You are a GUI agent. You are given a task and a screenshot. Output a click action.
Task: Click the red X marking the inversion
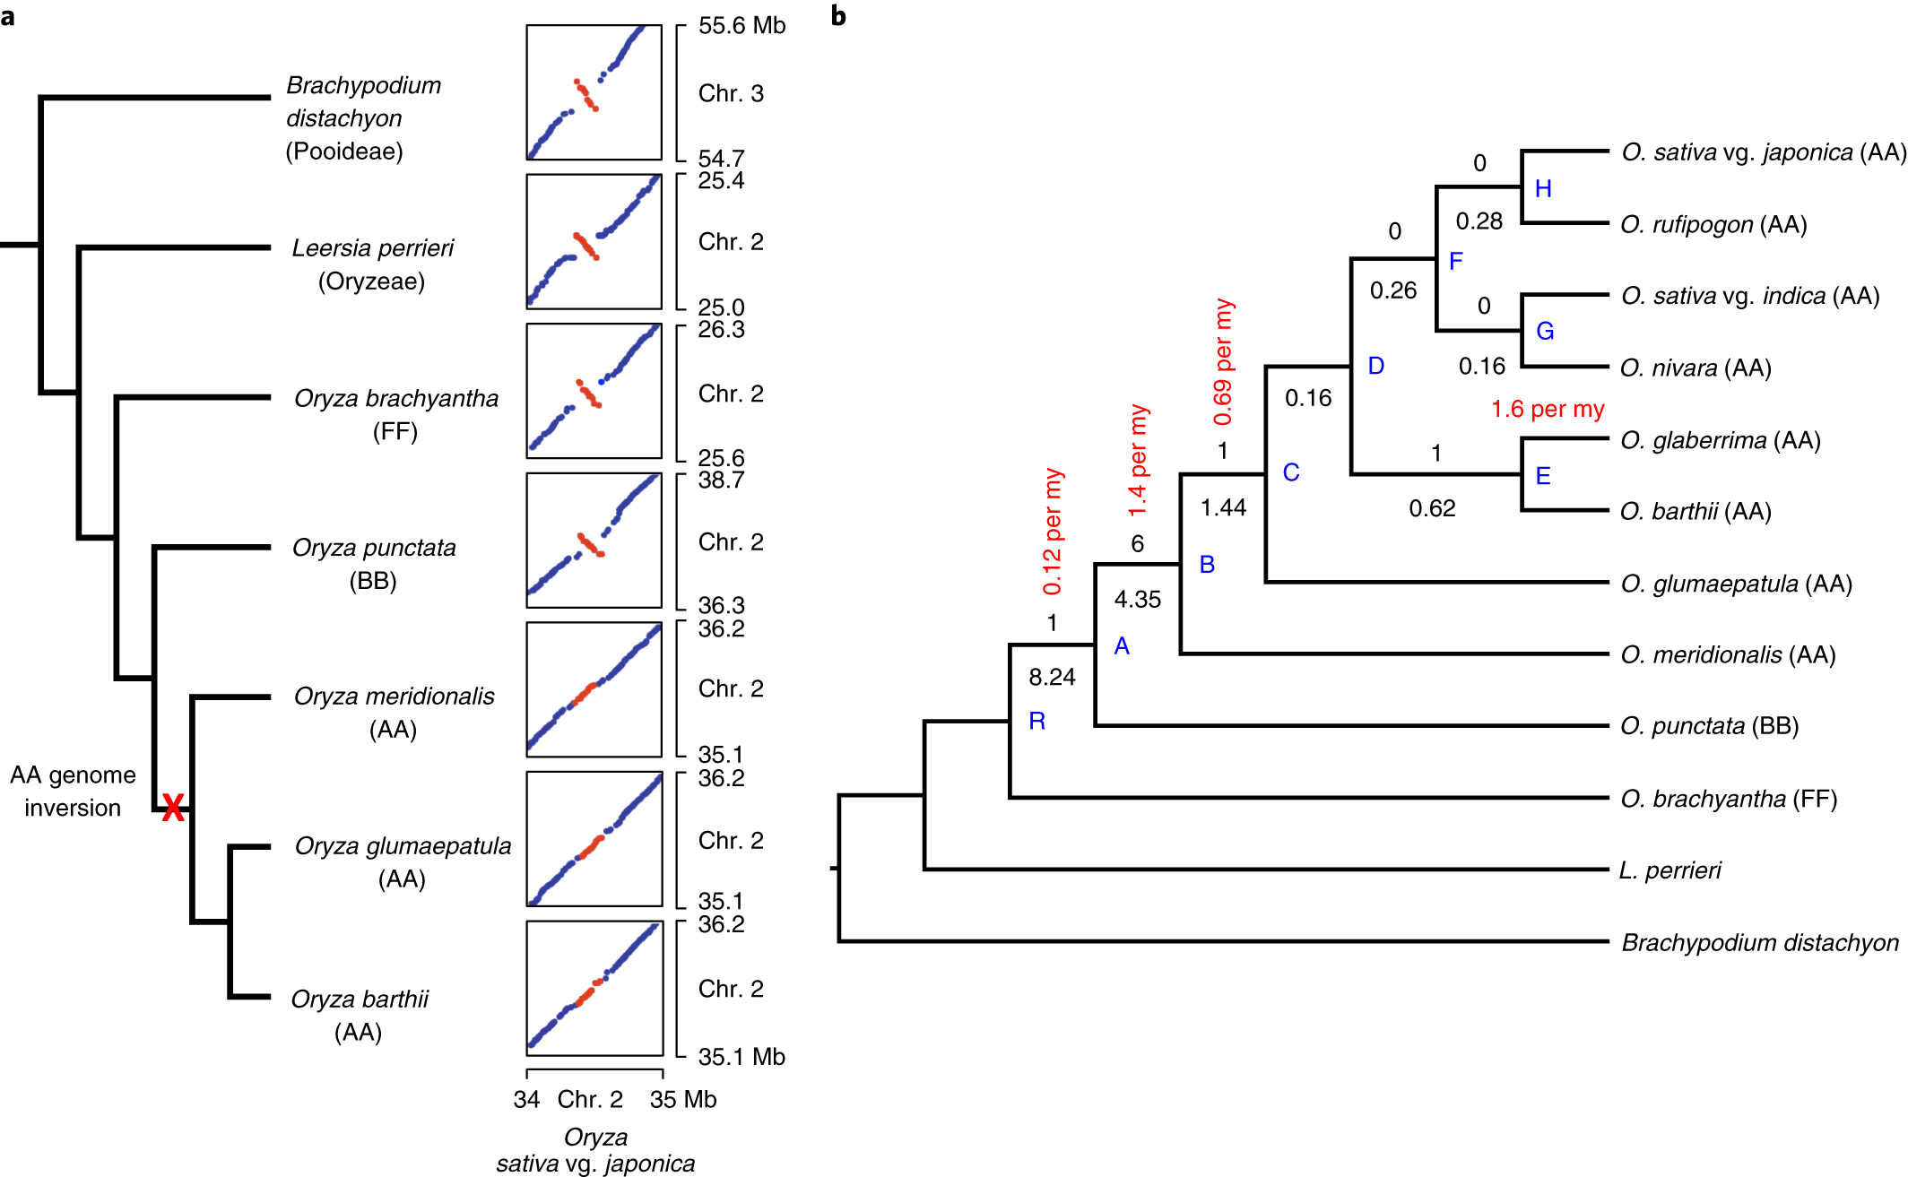(x=173, y=808)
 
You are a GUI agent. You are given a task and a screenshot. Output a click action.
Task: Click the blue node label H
(x=1543, y=189)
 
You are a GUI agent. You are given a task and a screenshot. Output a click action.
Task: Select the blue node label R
(x=1037, y=722)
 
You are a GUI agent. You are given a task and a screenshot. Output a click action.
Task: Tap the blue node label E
(x=1543, y=476)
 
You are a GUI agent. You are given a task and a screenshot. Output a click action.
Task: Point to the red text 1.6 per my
(x=1548, y=410)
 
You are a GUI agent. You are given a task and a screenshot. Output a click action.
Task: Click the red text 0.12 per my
(x=1053, y=531)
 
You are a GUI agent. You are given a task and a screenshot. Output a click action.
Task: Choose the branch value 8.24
(x=1052, y=677)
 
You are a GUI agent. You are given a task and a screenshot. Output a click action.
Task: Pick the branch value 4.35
(x=1137, y=599)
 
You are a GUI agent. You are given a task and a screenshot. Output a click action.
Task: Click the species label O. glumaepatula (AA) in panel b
(x=1736, y=584)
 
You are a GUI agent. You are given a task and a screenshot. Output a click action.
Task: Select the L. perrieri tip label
(x=1670, y=870)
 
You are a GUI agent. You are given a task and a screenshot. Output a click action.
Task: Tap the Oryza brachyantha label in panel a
(x=396, y=398)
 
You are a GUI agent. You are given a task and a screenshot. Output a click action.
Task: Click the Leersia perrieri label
(x=373, y=248)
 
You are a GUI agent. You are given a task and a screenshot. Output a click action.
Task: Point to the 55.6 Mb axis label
(x=742, y=25)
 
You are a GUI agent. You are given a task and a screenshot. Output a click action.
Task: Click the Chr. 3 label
(x=731, y=93)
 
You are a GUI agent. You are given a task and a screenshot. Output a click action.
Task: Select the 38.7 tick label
(x=721, y=480)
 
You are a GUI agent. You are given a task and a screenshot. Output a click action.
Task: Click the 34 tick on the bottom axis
(x=526, y=1099)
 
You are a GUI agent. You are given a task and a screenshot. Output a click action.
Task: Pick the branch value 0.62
(x=1432, y=508)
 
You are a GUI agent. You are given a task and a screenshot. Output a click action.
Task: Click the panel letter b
(x=838, y=16)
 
